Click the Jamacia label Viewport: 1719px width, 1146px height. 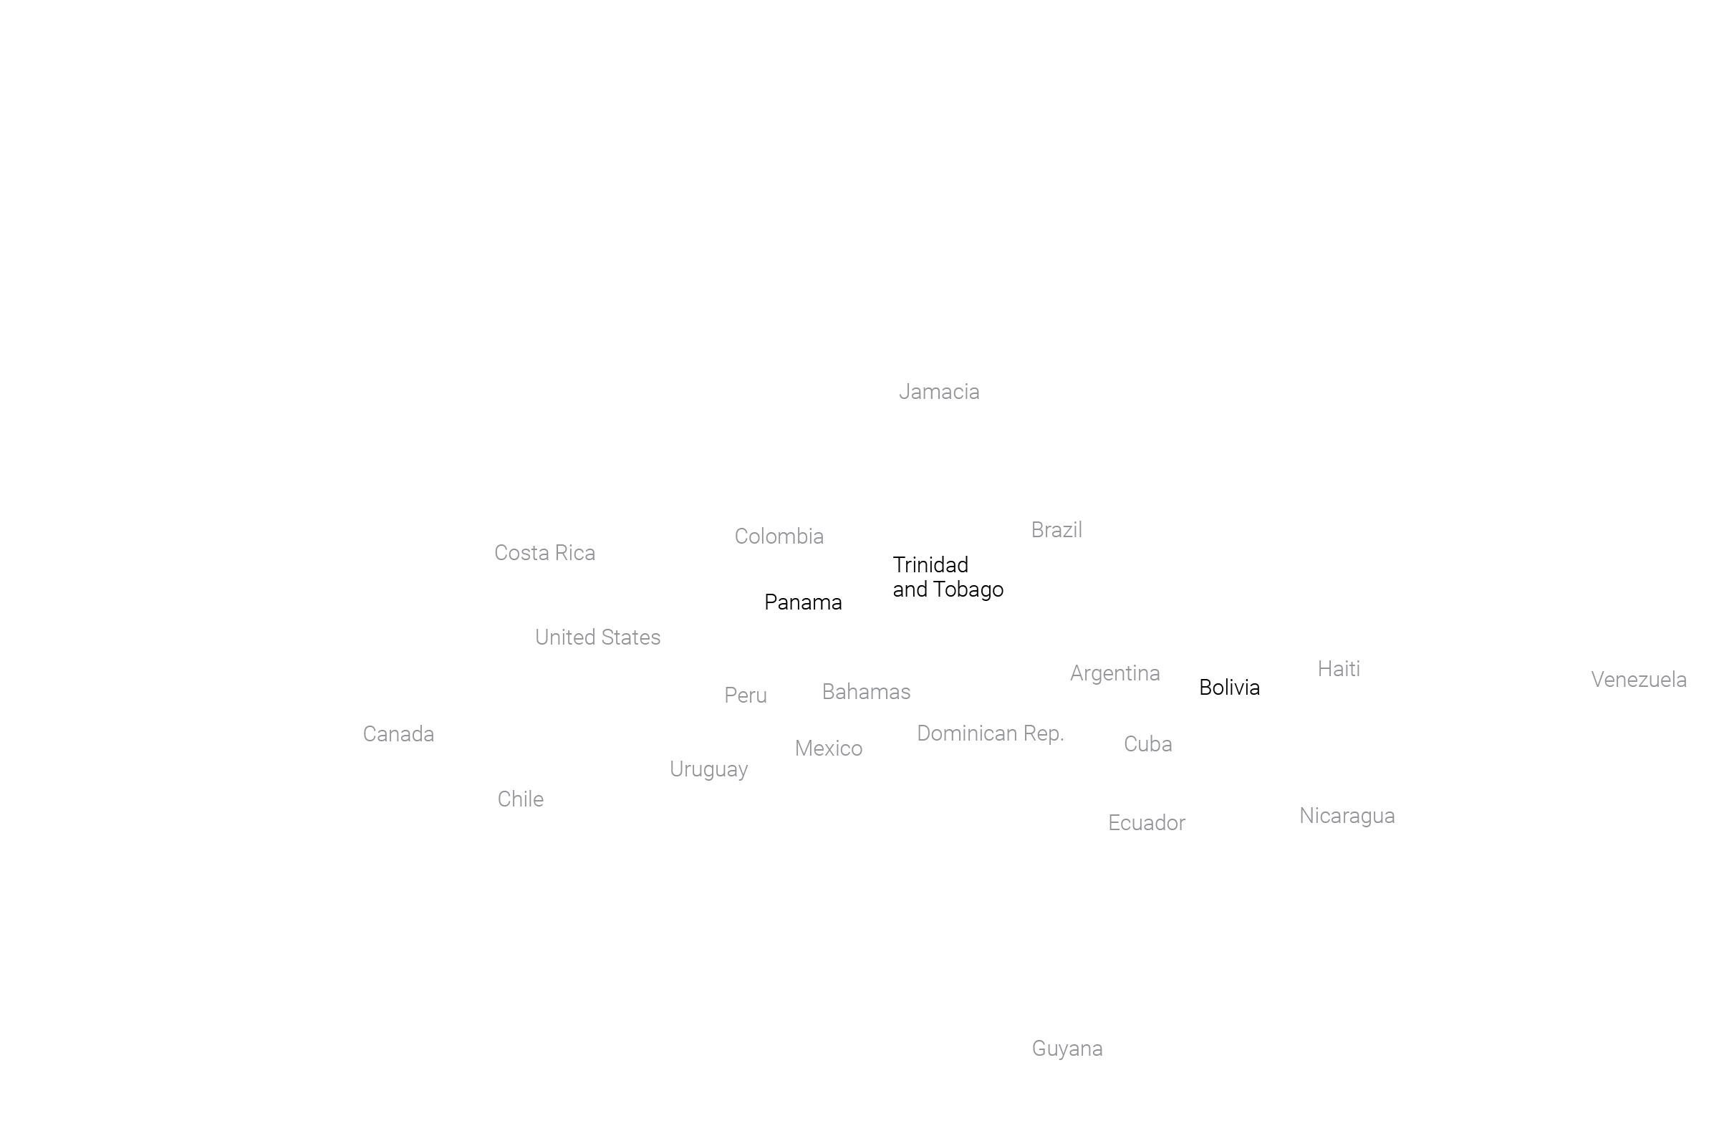[939, 393]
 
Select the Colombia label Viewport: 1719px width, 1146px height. [779, 536]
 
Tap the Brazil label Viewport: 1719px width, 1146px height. [1057, 530]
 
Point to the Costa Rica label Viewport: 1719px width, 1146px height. [545, 553]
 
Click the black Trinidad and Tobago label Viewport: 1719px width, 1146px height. [948, 577]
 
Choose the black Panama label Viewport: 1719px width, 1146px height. [803, 603]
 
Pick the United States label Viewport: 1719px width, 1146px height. [598, 637]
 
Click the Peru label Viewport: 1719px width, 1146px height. [746, 695]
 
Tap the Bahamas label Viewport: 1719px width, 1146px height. [866, 692]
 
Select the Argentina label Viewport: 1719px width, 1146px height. [1115, 674]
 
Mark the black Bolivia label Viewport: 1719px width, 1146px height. [1229, 688]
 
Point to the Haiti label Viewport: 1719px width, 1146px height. [1339, 670]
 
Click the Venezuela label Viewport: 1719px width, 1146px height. [1639, 680]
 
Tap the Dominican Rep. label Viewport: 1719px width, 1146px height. [991, 733]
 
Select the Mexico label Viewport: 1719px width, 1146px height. [829, 749]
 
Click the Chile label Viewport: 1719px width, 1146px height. [521, 799]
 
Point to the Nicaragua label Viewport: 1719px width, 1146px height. [1347, 817]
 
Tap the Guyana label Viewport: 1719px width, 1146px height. [1067, 1049]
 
